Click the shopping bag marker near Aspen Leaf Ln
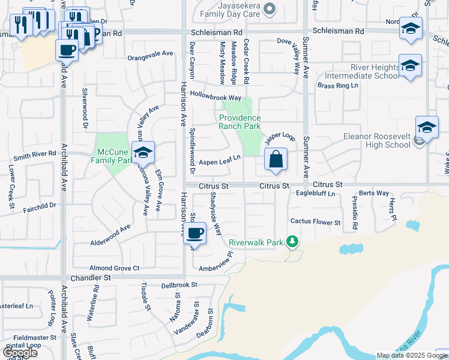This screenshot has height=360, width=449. pos(276,160)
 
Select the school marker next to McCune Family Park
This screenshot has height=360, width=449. pos(143,154)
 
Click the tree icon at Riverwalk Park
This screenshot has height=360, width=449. pos(292,242)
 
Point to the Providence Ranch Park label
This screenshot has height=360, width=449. pos(240,122)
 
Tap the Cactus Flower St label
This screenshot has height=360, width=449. pos(315,222)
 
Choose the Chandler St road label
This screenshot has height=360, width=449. pos(91,278)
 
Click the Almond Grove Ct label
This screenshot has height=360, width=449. pos(114,268)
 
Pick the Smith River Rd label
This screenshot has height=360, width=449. pos(35,157)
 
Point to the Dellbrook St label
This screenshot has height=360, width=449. pos(179,285)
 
